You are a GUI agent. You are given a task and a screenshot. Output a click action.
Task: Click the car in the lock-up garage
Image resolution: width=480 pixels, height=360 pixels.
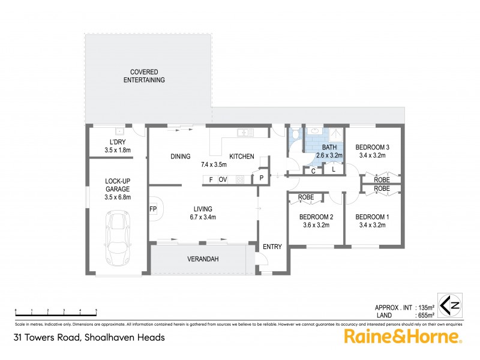[117, 236]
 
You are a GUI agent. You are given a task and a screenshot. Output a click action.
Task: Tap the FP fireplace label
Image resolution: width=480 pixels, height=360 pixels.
[153, 209]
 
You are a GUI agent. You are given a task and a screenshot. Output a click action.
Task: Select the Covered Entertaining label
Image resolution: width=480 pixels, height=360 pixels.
[144, 76]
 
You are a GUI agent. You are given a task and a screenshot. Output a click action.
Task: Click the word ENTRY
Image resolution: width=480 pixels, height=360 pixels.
[272, 247]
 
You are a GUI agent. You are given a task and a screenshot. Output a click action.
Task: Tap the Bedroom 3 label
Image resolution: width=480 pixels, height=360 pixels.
[373, 148]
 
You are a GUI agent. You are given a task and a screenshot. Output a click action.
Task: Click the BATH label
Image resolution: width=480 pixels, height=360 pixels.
[329, 148]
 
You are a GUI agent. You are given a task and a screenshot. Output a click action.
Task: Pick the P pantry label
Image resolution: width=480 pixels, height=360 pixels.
[262, 178]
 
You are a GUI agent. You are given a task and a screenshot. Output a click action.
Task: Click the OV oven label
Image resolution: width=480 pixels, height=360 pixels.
[222, 179]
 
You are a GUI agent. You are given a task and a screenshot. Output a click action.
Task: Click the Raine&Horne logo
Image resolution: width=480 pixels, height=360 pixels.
[402, 337]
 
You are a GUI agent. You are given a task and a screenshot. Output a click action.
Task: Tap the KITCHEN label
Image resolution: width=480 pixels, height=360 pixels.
[242, 157]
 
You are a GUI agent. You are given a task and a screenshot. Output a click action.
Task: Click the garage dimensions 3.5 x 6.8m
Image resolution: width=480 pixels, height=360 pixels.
[118, 196]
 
